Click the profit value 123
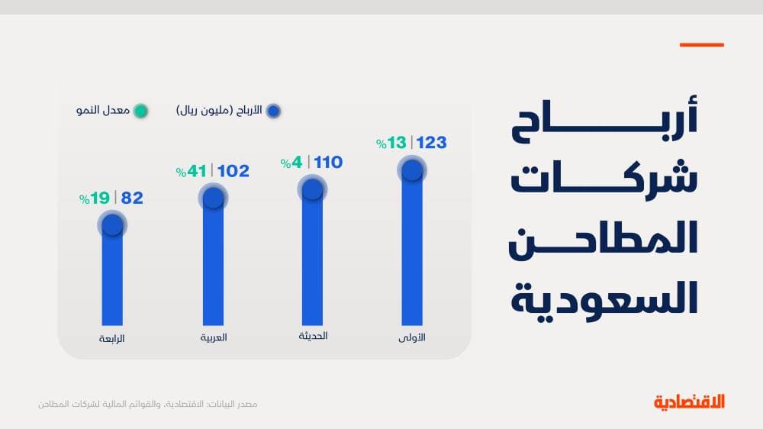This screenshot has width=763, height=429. coord(431,143)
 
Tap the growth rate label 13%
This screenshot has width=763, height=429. coord(392,143)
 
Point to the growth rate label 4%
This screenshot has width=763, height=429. coord(293,162)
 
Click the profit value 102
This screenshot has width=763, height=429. coord(233,171)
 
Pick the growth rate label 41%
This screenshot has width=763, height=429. coord(193,172)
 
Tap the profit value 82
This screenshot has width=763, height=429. coord(132,198)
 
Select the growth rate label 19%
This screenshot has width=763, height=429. coord(95,198)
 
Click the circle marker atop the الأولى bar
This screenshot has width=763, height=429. coord(412,169)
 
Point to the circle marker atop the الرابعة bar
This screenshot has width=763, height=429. coord(112,224)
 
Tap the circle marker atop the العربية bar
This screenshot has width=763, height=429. coord(213,198)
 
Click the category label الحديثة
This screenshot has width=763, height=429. coord(313,336)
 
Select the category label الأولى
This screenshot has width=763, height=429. coord(413,337)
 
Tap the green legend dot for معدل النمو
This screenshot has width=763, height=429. coord(140,111)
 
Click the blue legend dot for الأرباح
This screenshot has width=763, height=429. coord(273,111)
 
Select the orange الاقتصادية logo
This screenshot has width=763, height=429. coord(689,402)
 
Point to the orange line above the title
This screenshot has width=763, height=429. coord(701,45)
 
